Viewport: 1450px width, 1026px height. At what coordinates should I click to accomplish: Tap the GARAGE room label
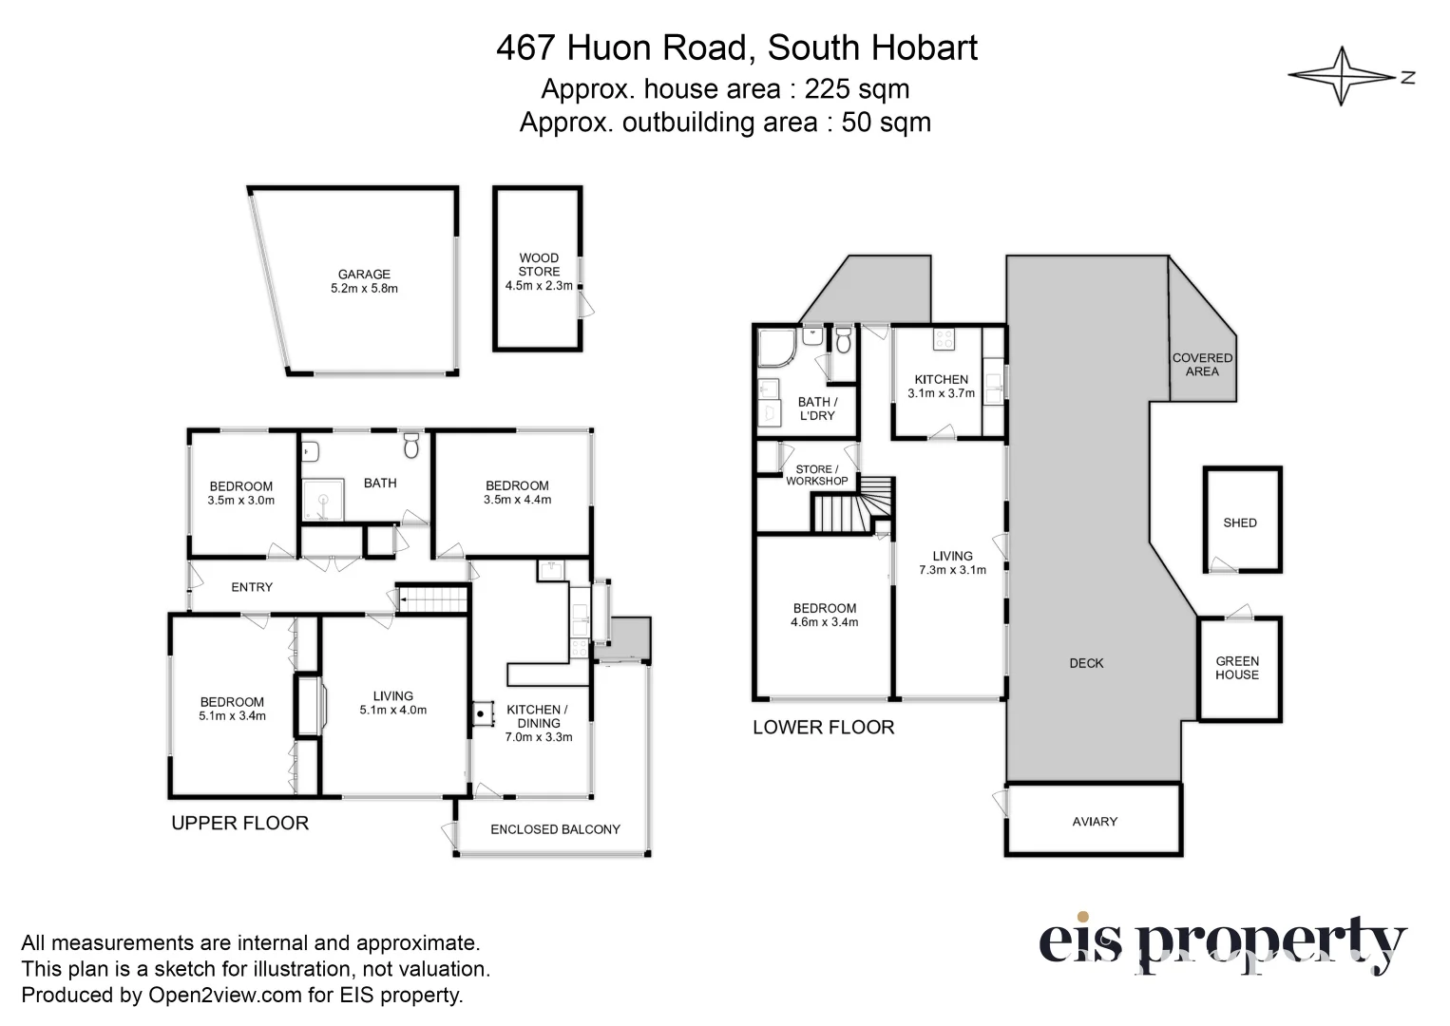coord(364,275)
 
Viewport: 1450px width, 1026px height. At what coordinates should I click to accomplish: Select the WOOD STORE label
coord(539,264)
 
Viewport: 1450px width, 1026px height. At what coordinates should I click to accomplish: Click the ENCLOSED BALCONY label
coord(555,829)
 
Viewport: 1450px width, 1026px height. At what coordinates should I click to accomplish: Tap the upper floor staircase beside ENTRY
coord(432,599)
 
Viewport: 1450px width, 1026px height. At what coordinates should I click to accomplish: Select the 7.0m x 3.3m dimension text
coord(538,736)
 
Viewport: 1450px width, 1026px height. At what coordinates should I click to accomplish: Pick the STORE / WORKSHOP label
coord(816,475)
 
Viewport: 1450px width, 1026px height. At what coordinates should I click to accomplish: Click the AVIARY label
coord(1095,822)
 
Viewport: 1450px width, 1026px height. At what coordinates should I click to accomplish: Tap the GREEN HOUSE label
coord(1236,668)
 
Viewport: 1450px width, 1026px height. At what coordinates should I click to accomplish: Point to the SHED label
coord(1240,522)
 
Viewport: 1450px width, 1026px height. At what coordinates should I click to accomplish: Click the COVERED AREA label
coord(1202,365)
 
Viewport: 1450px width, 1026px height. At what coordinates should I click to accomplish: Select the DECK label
coord(1086,663)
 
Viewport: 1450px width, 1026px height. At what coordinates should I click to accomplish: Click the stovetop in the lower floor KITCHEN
coord(943,338)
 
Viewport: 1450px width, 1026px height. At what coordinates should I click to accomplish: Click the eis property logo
coord(1221,943)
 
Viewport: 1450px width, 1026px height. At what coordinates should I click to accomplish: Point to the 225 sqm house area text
coord(856,89)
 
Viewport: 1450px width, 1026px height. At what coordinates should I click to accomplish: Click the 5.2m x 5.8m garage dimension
coord(364,288)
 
